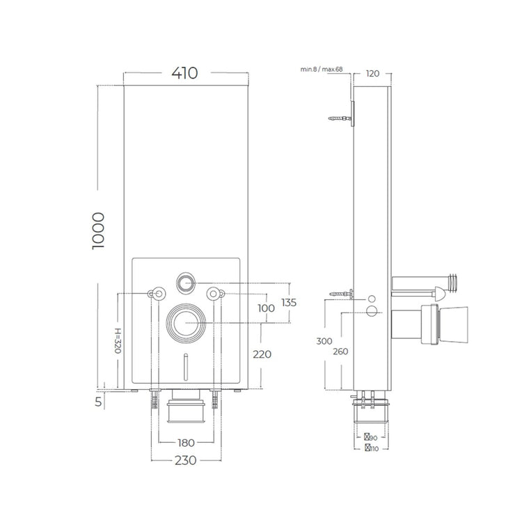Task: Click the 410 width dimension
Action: [184, 73]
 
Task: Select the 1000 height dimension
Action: [98, 230]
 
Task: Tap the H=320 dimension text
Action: [118, 340]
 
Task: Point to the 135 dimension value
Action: [289, 303]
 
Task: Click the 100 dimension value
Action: [267, 308]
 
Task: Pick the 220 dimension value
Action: [262, 354]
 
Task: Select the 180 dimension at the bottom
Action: [186, 443]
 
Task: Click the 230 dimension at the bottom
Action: [186, 461]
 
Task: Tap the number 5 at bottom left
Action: [98, 402]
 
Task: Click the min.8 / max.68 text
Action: [322, 69]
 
